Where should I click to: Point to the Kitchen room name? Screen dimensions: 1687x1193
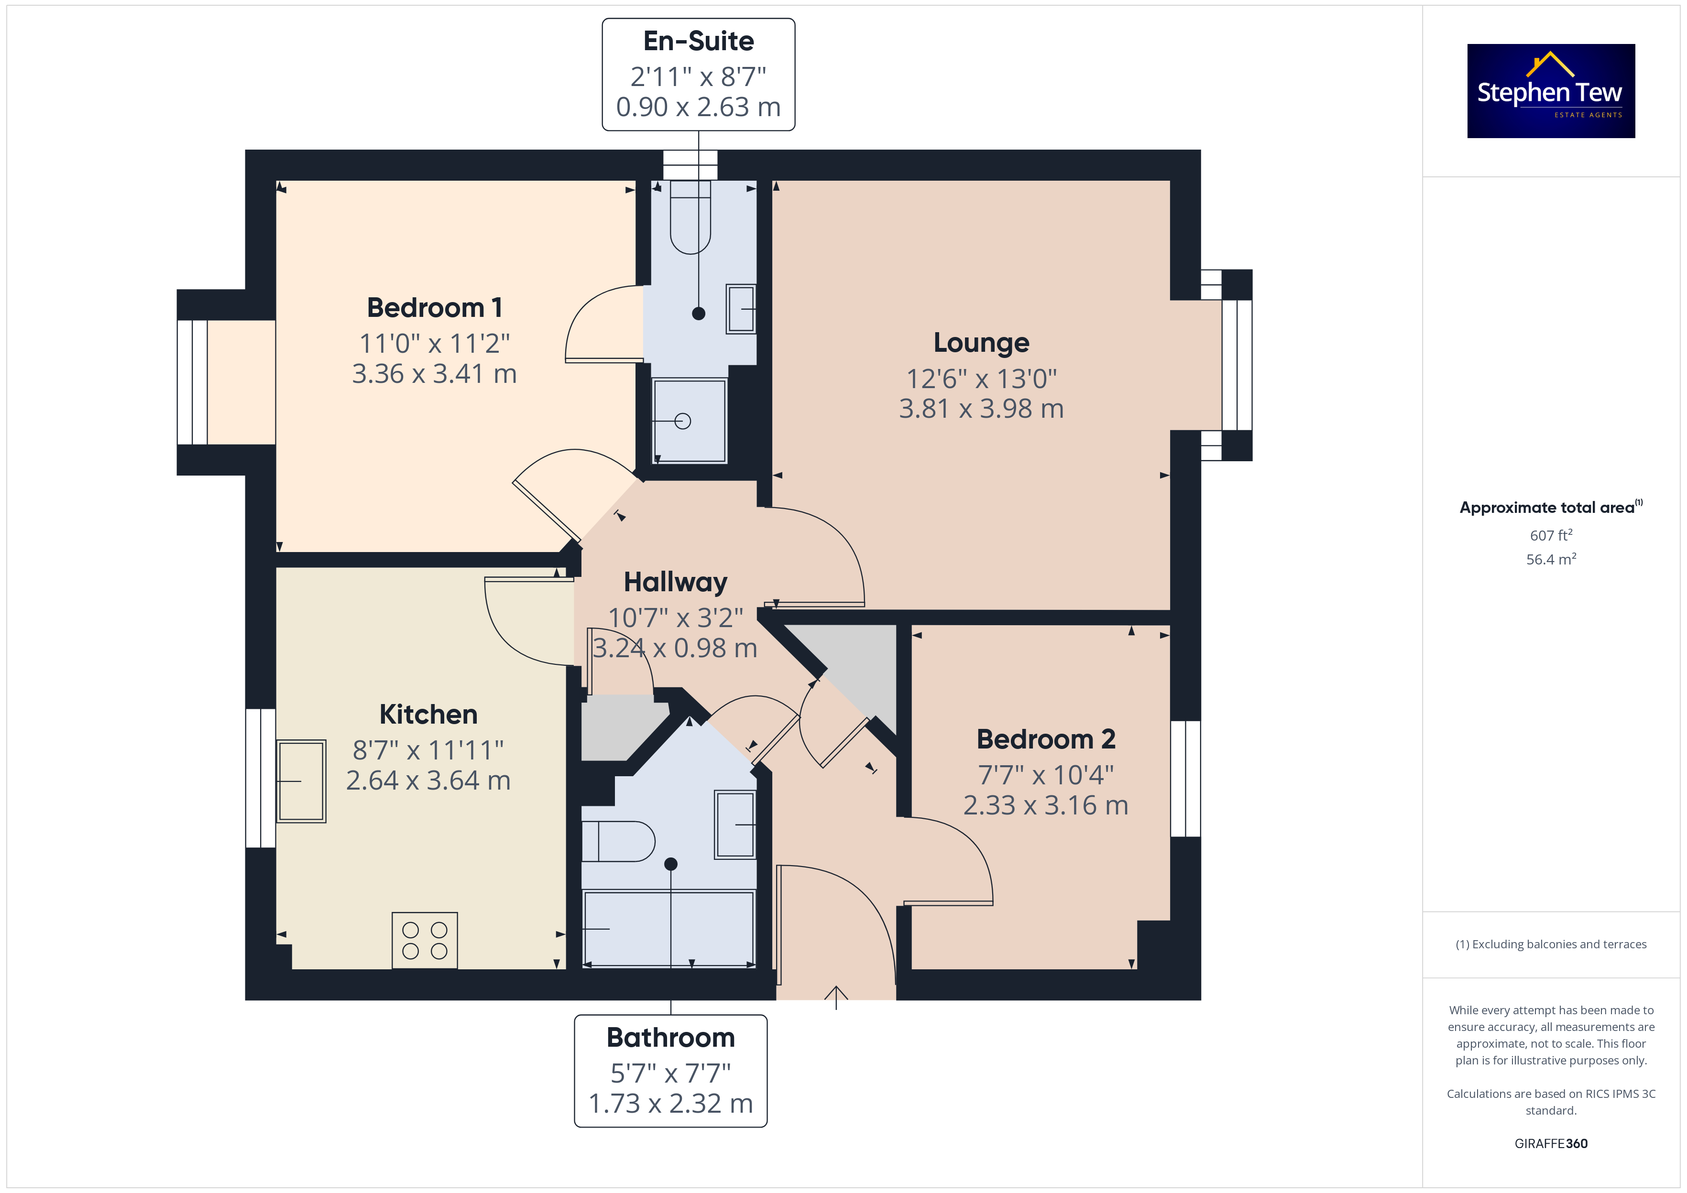click(x=428, y=714)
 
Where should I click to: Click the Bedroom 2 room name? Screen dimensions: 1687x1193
click(x=1046, y=739)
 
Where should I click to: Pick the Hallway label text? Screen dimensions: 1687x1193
click(x=675, y=582)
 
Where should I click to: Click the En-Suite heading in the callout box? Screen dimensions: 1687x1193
click(x=698, y=41)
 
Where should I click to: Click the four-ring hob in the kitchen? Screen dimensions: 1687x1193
click(x=425, y=940)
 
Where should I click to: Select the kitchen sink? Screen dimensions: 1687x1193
click(x=301, y=781)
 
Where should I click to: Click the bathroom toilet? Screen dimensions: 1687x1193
click(x=618, y=841)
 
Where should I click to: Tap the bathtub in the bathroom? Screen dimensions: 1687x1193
click(x=668, y=929)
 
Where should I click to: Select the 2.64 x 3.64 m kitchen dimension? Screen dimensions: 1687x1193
click(x=428, y=780)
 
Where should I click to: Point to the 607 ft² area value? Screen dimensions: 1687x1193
click(x=1551, y=535)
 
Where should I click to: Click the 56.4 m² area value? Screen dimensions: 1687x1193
click(x=1551, y=559)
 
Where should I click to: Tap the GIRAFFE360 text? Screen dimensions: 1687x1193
click(x=1551, y=1143)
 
